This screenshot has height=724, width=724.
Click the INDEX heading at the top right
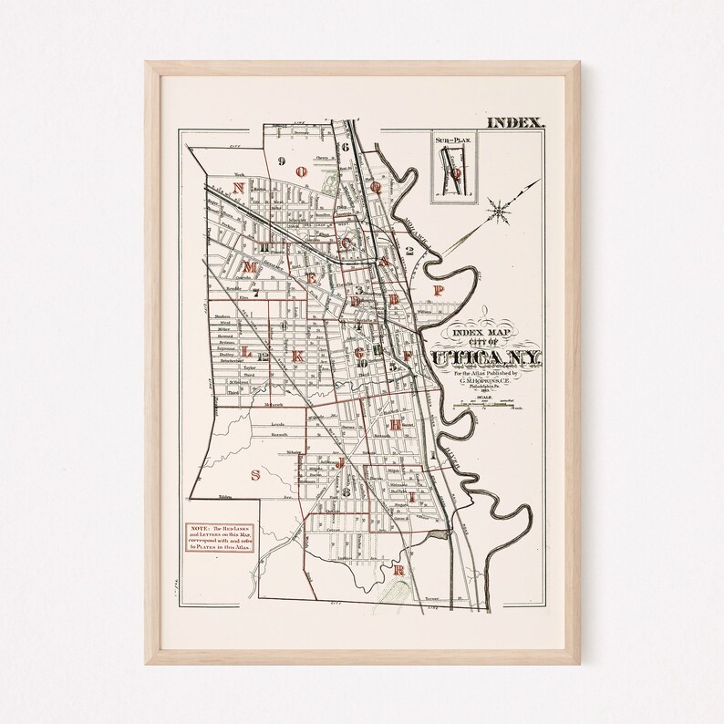coord(516,121)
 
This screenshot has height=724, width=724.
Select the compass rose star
coord(499,211)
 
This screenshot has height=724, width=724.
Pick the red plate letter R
coord(398,571)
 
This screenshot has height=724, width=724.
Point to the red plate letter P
coord(439,290)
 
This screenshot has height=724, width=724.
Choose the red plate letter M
coord(249,266)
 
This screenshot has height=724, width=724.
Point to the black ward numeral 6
coord(346,146)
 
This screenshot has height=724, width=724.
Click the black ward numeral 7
coord(256,294)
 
